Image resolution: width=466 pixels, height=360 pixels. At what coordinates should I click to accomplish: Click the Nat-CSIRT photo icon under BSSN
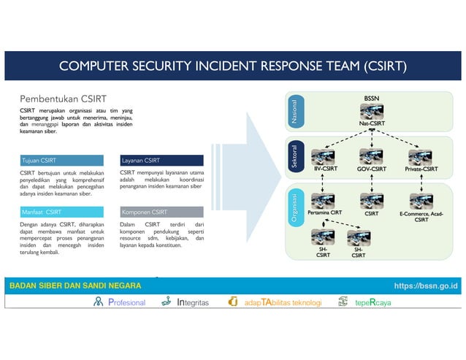[x=372, y=112]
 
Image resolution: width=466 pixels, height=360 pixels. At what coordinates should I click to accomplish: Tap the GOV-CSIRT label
[x=372, y=169]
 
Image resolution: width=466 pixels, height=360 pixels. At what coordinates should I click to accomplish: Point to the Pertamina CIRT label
[x=324, y=213]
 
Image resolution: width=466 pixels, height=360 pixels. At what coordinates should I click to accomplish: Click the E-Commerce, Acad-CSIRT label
[x=421, y=216]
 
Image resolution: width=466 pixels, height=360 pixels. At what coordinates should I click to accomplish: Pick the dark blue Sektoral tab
[x=295, y=156]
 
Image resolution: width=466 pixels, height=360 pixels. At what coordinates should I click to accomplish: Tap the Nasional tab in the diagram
[x=295, y=111]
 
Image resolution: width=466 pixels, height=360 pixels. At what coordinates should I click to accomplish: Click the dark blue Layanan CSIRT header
[x=161, y=160]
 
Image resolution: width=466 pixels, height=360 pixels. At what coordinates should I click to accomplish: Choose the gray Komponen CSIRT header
[x=161, y=212]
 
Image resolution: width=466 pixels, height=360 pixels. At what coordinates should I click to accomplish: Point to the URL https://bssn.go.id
[x=426, y=286]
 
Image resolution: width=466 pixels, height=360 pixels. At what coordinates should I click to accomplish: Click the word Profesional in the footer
[x=126, y=302]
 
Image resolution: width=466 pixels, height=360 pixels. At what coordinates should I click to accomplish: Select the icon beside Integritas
[x=169, y=302]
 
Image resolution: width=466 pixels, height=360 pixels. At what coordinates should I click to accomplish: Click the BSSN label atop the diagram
[x=372, y=98]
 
